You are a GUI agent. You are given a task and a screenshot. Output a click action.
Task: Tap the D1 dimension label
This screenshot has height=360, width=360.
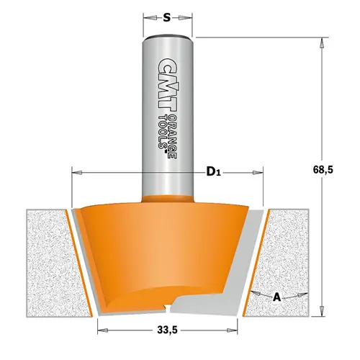(212, 171)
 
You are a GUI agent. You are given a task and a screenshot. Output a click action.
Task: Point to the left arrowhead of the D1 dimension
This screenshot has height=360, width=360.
(77, 171)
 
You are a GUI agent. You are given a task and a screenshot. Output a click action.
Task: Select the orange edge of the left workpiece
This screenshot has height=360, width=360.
(82, 263)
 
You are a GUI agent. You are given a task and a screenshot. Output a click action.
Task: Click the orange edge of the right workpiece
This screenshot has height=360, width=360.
(255, 263)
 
